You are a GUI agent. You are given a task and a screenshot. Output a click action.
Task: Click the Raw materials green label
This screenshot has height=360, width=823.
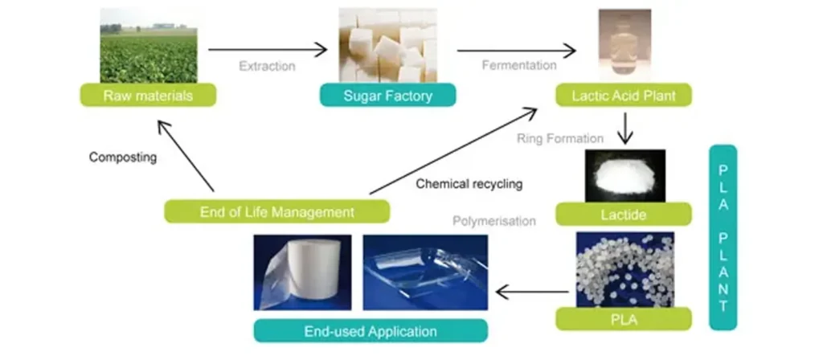coord(148,95)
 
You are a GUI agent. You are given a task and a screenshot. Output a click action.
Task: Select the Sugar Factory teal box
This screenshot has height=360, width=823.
coord(387,96)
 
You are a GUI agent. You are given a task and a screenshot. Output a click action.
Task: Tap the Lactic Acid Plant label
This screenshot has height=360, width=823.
coord(623,96)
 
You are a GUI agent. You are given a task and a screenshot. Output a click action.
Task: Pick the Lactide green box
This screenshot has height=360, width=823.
coord(623,214)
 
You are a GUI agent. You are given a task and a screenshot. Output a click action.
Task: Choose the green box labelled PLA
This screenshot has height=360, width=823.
coord(623,319)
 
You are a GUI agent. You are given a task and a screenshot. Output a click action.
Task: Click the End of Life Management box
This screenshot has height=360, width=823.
coord(276,211)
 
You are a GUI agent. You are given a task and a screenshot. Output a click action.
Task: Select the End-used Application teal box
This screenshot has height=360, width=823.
coord(371,330)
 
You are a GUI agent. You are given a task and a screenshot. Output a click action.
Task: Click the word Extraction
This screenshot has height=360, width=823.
coord(266,65)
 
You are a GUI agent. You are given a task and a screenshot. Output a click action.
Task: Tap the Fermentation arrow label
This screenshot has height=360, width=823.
coord(519,65)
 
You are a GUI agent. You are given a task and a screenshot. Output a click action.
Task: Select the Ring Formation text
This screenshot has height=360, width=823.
coord(561,137)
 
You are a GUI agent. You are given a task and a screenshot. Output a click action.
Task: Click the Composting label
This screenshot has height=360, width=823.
coord(122,157)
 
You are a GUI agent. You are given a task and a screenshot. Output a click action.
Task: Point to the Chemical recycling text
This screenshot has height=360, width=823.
coord(469,184)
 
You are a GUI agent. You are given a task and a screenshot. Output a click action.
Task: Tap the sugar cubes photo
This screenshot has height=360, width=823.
coord(387,45)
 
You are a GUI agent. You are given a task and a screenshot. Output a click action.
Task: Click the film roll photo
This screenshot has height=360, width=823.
coord(302,272)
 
